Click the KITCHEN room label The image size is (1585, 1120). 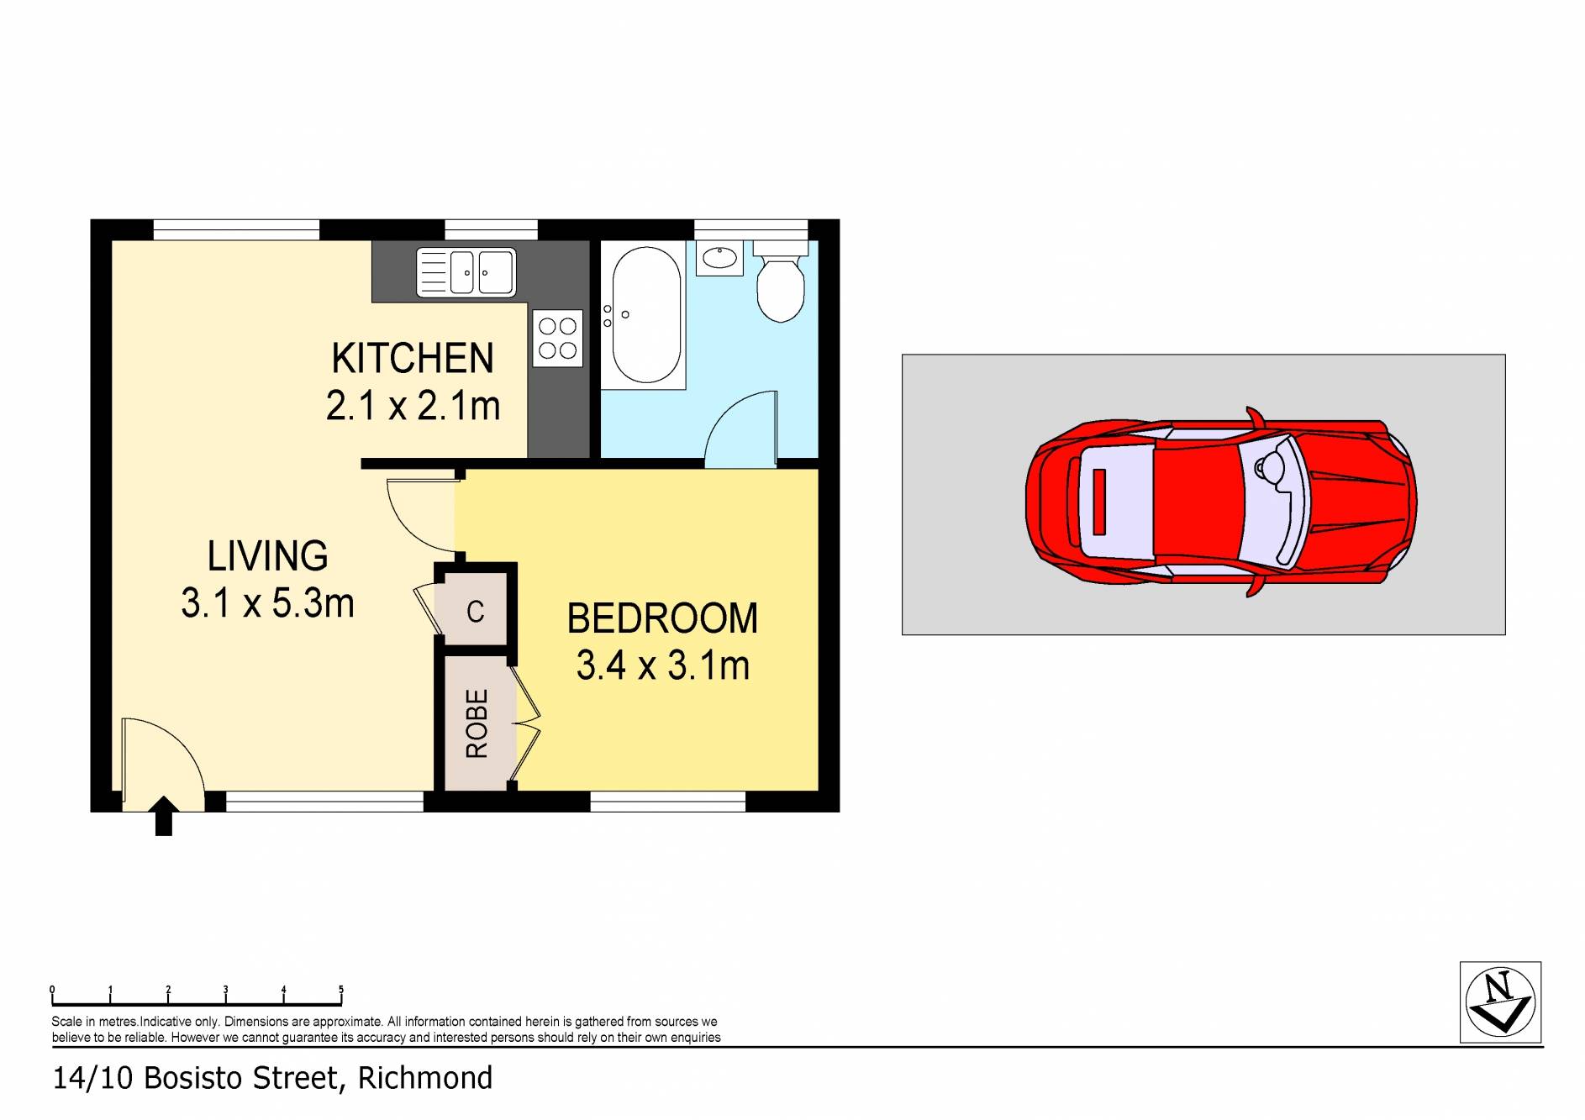click(412, 359)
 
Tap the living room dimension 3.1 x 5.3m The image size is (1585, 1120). click(267, 603)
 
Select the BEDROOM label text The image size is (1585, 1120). click(662, 619)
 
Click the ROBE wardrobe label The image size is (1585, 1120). click(477, 723)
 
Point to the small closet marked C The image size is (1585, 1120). click(475, 611)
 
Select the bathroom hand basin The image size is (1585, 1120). click(719, 257)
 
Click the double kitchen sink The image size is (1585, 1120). click(466, 272)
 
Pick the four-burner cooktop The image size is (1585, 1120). click(557, 337)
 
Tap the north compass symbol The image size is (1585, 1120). click(1500, 1002)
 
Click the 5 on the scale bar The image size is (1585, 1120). click(340, 990)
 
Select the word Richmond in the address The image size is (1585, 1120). click(425, 1078)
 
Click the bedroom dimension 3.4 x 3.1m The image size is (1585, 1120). click(662, 665)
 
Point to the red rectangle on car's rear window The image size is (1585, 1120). click(1098, 502)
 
